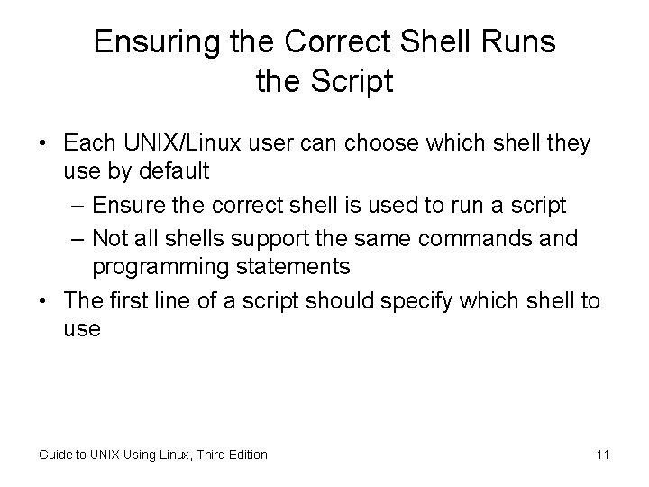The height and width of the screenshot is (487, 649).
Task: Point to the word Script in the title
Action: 352,82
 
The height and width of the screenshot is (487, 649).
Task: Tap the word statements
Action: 293,268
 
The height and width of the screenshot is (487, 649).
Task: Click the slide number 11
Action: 603,454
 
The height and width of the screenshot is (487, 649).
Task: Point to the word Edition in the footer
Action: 245,455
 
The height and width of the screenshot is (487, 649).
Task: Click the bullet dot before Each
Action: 43,144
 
